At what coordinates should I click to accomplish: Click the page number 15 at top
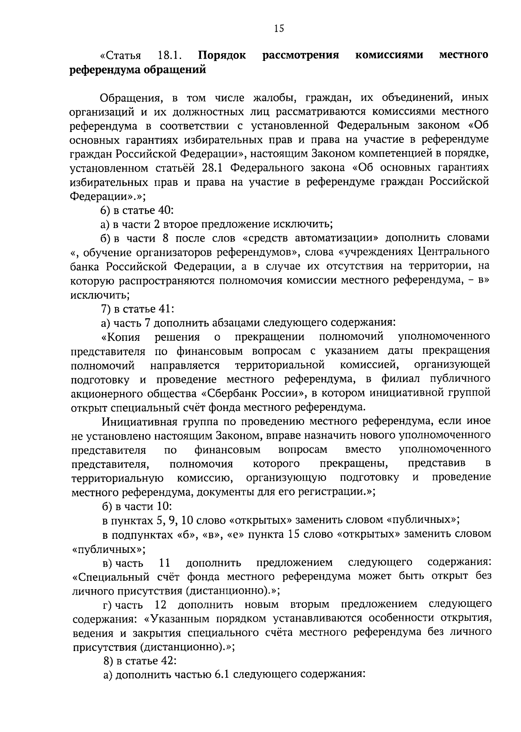[x=279, y=29]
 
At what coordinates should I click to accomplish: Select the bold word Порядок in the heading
[x=222, y=56]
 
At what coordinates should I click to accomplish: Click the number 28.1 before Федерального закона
[x=213, y=168]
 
